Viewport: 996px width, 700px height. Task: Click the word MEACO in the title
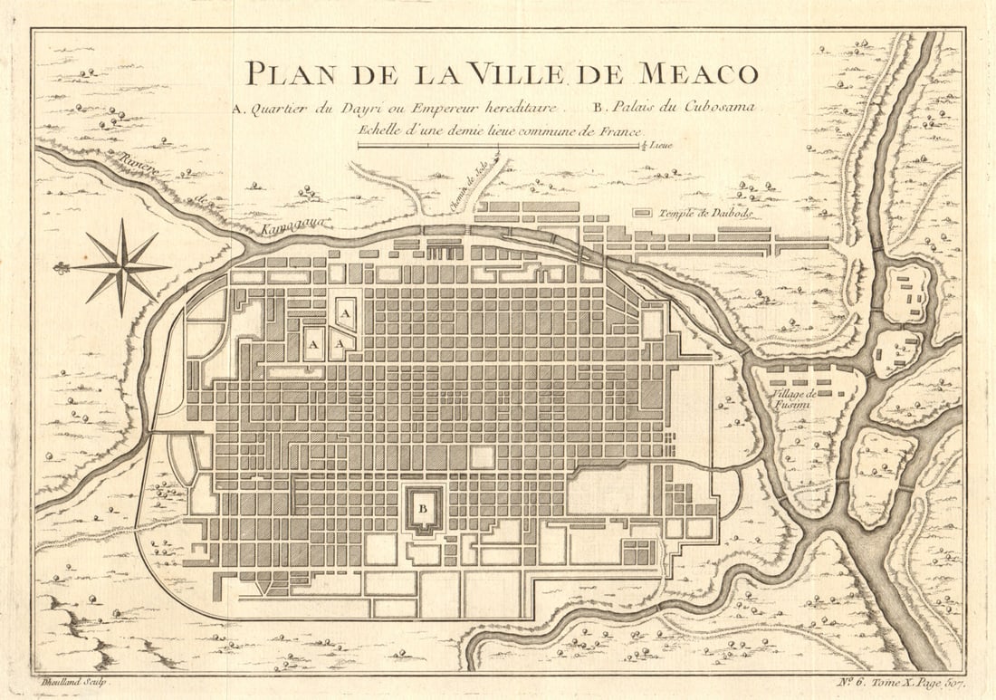[697, 73]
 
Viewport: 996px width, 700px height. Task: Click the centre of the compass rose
[121, 267]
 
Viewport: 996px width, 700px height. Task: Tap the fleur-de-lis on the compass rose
[62, 268]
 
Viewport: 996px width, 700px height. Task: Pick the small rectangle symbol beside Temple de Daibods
[641, 213]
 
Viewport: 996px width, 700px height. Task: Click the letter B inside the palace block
[422, 507]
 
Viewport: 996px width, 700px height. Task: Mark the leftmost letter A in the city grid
[313, 345]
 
